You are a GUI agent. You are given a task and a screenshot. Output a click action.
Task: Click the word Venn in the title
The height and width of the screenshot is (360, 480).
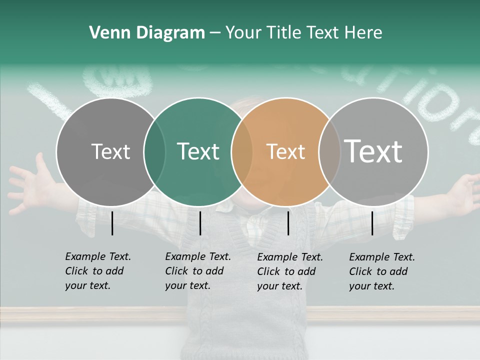[x=104, y=33]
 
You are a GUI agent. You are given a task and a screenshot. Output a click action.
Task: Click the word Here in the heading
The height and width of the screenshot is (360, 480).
[x=363, y=33]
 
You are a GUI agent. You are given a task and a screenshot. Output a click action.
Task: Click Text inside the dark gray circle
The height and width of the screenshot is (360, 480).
[x=110, y=152]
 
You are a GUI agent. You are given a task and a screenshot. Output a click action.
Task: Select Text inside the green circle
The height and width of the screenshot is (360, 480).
[x=198, y=152]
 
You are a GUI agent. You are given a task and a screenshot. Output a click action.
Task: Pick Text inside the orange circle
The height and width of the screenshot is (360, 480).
[x=285, y=152]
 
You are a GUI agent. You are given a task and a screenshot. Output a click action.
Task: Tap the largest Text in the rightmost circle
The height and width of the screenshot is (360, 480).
[x=373, y=151]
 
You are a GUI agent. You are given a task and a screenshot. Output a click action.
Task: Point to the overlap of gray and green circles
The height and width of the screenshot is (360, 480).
[x=154, y=152]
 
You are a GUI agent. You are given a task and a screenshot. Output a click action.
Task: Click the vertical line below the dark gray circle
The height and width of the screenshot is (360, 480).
[x=112, y=223]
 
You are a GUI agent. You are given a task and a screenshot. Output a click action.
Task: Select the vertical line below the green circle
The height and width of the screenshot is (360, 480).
[x=200, y=223]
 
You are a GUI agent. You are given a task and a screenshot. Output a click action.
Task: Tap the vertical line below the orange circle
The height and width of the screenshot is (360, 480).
[x=288, y=223]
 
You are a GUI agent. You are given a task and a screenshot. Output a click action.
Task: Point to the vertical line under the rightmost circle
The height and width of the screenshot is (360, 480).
[x=372, y=223]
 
